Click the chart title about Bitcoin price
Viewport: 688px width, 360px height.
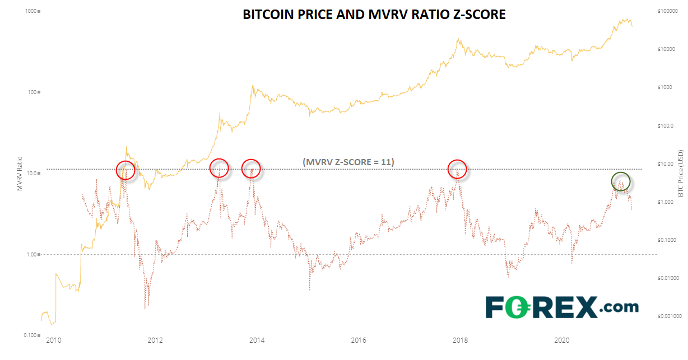[374, 15]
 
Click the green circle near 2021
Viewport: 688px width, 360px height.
[621, 181]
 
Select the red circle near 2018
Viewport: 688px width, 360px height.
[458, 169]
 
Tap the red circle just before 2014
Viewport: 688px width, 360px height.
[251, 169]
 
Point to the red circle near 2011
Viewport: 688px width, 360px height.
[125, 170]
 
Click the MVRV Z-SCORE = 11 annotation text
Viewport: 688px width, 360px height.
[348, 162]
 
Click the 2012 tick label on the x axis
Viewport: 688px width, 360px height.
[155, 340]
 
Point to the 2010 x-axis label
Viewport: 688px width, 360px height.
[53, 340]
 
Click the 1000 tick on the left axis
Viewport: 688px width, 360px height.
[29, 11]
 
